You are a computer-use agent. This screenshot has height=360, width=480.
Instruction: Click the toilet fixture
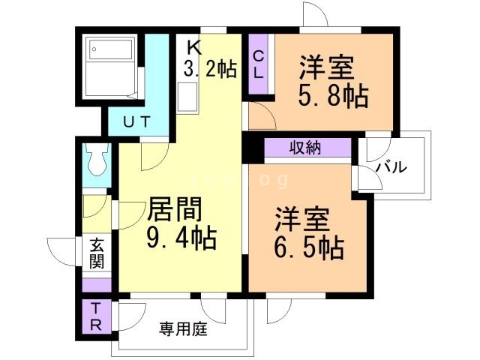coord(97,159)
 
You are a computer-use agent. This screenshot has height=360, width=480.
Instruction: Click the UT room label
coord(136,121)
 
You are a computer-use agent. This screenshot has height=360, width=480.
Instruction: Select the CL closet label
coord(259,65)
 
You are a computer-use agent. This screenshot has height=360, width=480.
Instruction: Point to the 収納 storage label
coord(305,148)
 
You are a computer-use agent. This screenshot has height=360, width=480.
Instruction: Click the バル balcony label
coord(391,167)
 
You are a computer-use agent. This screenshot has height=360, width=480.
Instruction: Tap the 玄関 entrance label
coord(97,253)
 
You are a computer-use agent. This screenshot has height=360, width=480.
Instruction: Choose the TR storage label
coord(96,316)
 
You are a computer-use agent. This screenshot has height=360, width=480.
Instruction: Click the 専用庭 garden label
coord(183,329)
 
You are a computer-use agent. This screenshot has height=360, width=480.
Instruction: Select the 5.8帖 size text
coord(333,95)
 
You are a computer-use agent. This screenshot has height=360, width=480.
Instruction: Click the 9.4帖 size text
coord(181,238)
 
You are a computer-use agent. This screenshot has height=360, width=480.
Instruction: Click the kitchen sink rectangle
coord(187,97)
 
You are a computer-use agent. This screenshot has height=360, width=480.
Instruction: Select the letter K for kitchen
coord(195,47)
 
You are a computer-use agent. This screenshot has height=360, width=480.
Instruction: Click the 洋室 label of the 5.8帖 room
coord(327,67)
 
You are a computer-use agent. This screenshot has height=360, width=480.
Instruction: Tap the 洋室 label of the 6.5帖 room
coord(302,219)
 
